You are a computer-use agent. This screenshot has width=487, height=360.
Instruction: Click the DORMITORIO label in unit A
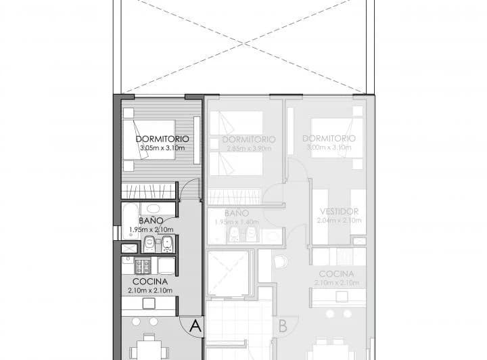(x=161, y=139)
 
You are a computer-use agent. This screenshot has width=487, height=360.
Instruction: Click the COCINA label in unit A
(x=150, y=282)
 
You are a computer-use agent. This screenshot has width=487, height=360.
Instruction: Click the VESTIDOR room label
(x=339, y=211)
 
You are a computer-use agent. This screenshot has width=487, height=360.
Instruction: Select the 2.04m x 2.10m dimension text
(x=339, y=220)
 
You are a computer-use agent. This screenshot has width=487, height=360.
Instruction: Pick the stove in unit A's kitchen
(x=143, y=265)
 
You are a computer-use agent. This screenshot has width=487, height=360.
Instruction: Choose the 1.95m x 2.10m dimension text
(x=150, y=229)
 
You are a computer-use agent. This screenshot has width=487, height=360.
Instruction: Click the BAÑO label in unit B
(x=233, y=212)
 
